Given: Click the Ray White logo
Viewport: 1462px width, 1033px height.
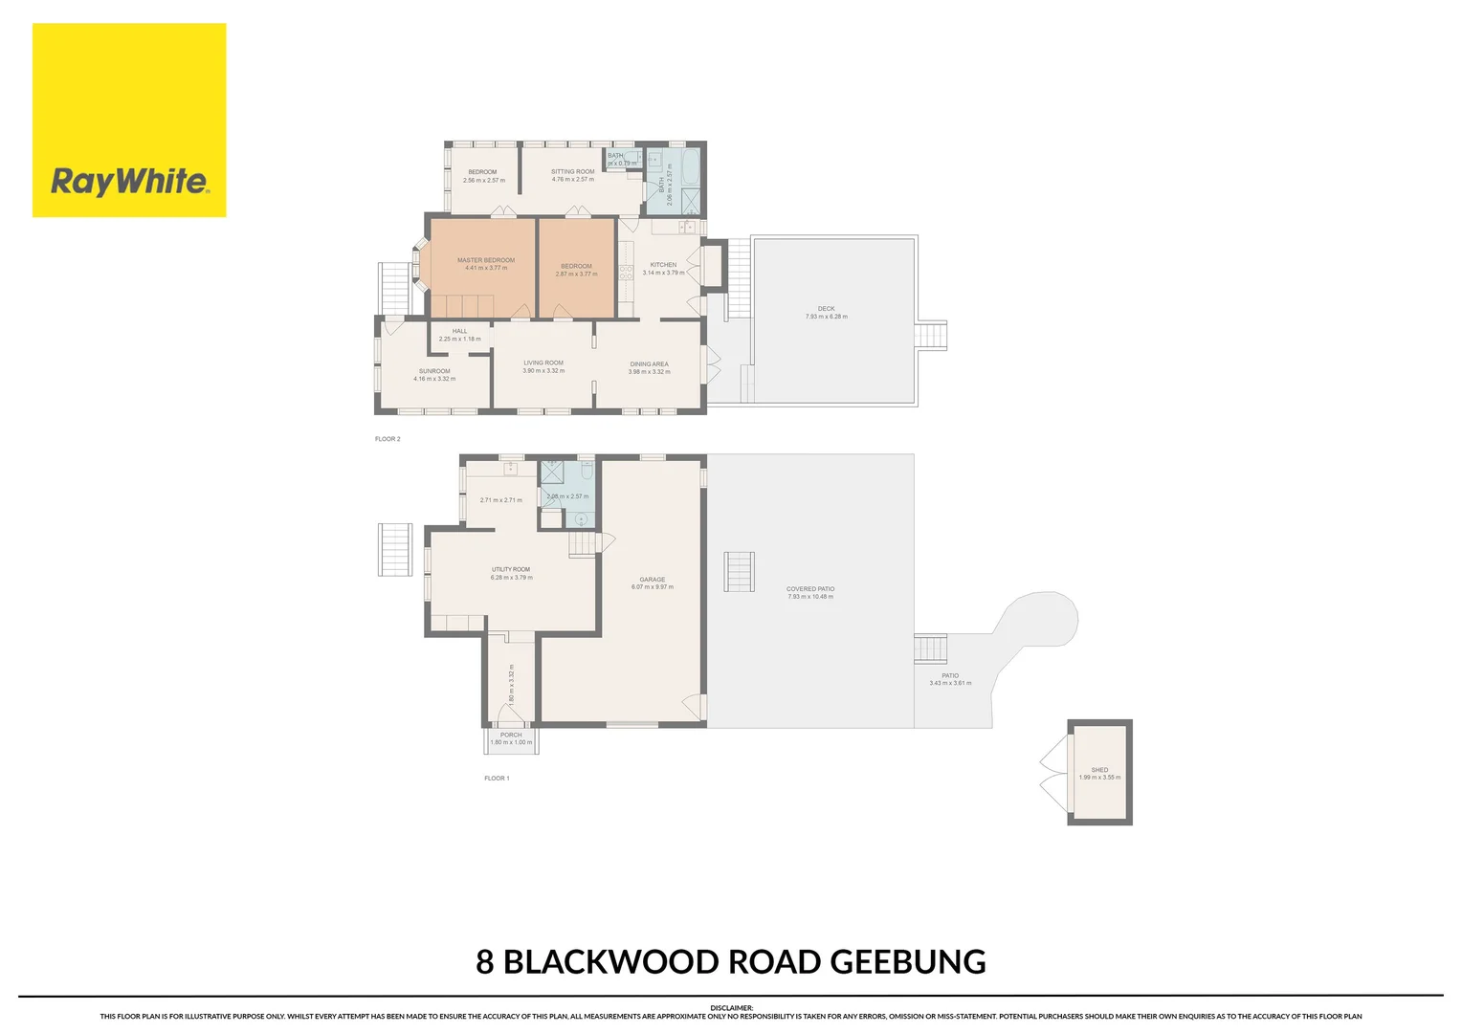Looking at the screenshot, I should tap(129, 121).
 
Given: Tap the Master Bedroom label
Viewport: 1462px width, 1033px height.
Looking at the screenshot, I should tap(486, 260).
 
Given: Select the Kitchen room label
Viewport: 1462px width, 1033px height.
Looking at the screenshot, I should tap(663, 265).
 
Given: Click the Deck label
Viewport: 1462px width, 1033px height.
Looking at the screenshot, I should tap(826, 309).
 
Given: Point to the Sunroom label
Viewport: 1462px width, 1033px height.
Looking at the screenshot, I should tap(434, 371).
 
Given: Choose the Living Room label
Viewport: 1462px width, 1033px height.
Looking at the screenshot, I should tap(543, 363).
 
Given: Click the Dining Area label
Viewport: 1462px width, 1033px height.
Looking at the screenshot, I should tap(649, 364).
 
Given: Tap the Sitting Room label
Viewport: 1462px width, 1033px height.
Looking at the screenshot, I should tap(572, 172).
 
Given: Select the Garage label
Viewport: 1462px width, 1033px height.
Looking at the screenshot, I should tap(653, 580).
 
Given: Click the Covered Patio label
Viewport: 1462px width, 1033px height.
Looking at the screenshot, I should tap(810, 589).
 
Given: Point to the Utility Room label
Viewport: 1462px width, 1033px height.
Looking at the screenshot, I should tap(511, 570).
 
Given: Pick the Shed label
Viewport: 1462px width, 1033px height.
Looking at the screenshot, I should tap(1099, 770).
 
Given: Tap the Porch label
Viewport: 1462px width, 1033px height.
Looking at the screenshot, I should tap(511, 736).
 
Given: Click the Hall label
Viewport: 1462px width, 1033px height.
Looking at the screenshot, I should tap(459, 332).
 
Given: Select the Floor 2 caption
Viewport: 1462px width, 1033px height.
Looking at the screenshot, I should tap(388, 439).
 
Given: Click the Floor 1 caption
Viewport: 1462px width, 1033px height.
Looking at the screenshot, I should tap(497, 779).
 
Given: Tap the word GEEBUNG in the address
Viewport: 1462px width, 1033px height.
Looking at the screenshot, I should tap(907, 961).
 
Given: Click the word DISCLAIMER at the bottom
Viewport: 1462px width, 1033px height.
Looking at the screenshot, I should tap(731, 1008).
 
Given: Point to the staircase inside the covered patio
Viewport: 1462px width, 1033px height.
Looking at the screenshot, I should tap(739, 572).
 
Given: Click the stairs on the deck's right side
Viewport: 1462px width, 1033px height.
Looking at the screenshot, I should tap(931, 336).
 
